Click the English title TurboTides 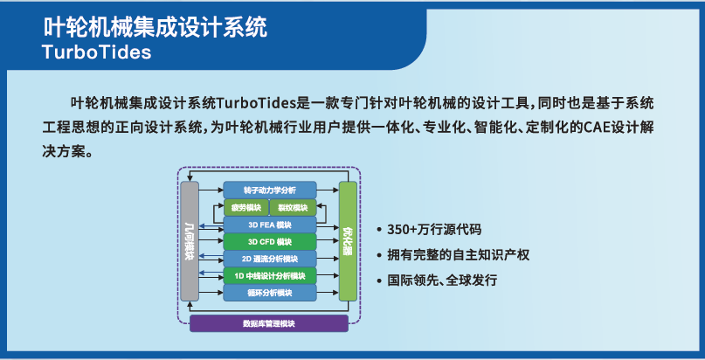point(96,52)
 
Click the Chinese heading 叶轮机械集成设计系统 point(156,25)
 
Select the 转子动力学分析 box point(269,190)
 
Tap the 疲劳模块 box point(245,207)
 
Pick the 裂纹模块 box point(293,207)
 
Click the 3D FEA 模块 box point(269,225)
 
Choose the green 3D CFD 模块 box point(269,241)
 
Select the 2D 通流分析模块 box point(269,259)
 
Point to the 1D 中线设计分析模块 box point(269,276)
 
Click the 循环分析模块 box point(269,293)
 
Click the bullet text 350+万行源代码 point(433,231)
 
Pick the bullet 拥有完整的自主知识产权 point(458,256)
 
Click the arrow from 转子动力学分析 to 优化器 point(327,190)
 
